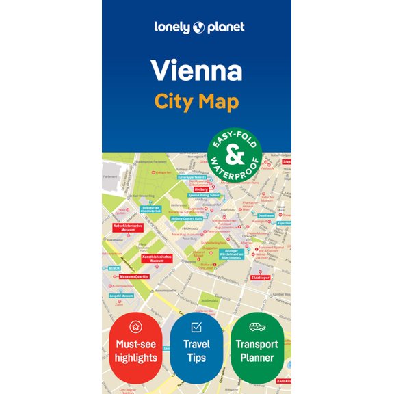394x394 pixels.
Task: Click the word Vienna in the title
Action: point(196,70)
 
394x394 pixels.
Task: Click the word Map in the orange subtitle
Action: point(219,103)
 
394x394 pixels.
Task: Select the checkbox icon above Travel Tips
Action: point(196,327)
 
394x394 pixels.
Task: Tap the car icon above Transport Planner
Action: point(257,327)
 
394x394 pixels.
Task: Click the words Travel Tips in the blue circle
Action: point(196,351)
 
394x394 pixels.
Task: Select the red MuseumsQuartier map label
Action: point(133,276)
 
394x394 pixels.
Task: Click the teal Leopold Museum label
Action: point(121,296)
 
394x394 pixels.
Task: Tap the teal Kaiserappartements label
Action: point(192,177)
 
